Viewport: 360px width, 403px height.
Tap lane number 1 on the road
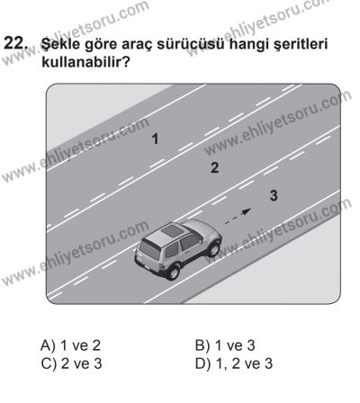(x=156, y=139)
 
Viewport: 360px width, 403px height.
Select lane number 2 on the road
(x=213, y=167)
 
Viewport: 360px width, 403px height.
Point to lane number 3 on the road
(x=274, y=195)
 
